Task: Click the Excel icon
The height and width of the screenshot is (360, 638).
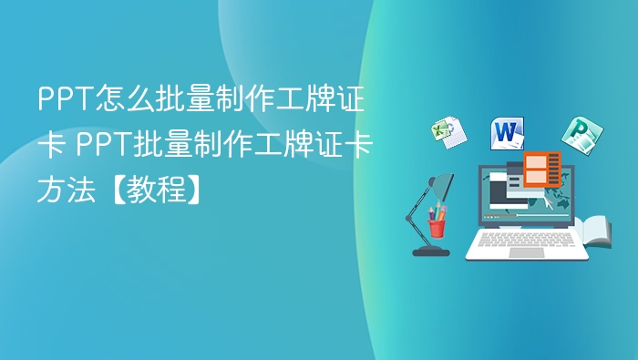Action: [448, 132]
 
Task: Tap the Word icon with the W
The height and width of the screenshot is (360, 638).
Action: [508, 133]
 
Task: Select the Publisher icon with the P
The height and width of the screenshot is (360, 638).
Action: [577, 135]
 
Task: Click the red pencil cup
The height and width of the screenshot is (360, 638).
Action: [437, 224]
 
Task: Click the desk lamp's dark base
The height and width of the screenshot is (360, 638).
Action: [429, 250]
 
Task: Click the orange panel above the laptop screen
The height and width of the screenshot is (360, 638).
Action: [542, 168]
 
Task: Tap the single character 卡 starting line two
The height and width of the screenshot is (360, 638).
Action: [50, 144]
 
